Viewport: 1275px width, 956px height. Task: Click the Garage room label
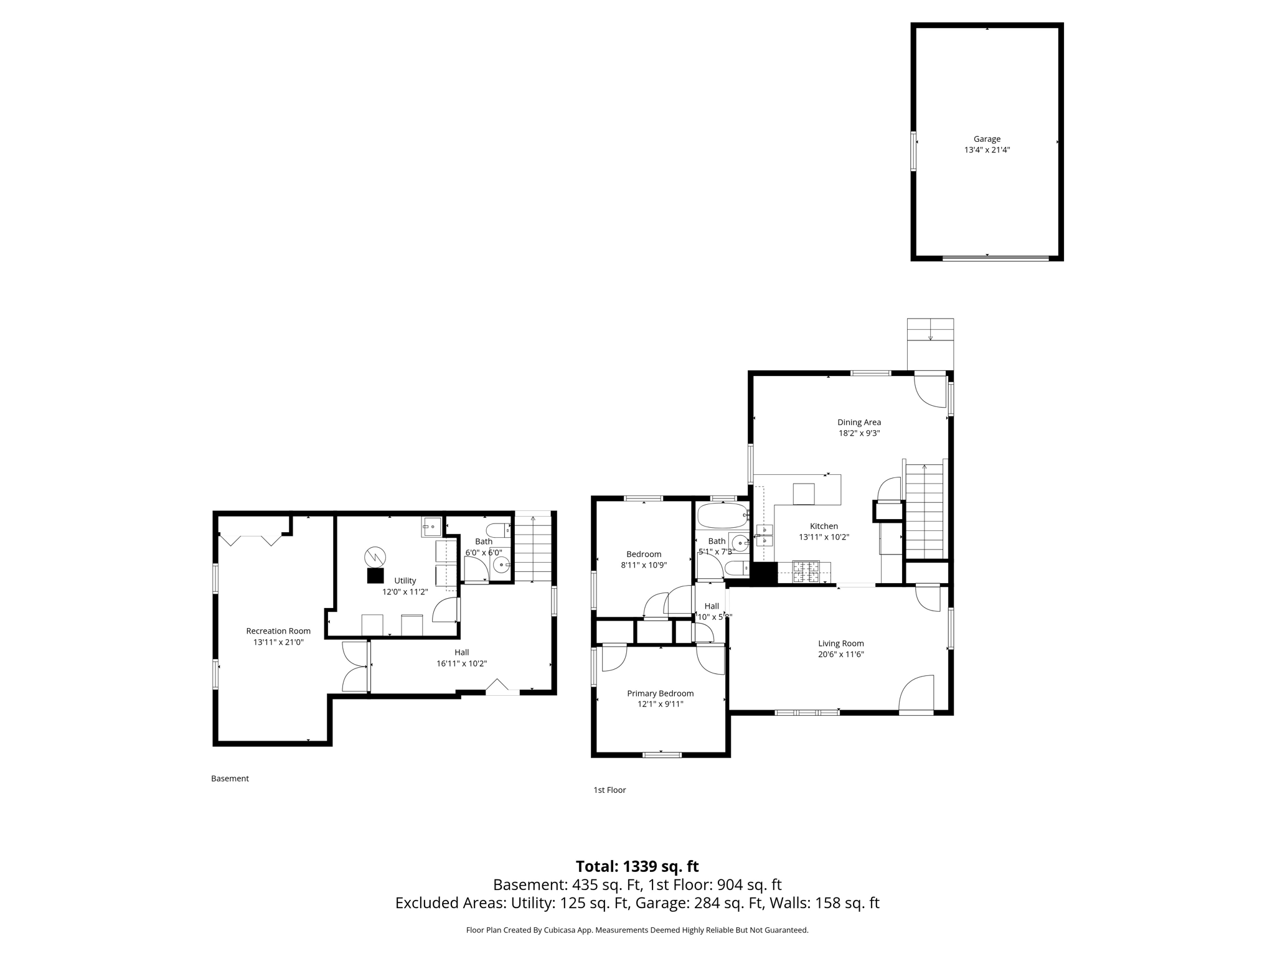987,139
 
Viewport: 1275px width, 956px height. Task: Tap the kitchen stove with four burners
806,571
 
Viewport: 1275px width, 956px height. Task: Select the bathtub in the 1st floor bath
722,516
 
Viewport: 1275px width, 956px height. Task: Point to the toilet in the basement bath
498,531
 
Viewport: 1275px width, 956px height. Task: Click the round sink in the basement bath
501,565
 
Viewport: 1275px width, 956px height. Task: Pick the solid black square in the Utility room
375,576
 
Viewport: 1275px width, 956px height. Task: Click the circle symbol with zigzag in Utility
375,556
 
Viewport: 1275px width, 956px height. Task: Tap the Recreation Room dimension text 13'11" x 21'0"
278,642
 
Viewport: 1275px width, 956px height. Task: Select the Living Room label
840,644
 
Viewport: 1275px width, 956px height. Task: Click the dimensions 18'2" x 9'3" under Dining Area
859,433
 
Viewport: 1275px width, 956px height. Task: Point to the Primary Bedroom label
660,693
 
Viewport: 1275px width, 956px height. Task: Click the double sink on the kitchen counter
764,535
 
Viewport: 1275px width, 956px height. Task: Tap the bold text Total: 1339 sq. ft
637,866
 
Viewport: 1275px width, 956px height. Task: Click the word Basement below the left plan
230,779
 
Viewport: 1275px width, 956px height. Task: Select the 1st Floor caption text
609,790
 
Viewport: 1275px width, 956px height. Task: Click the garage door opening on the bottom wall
995,258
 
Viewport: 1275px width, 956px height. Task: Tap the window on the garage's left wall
913,151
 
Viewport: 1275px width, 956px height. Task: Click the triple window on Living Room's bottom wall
807,712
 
